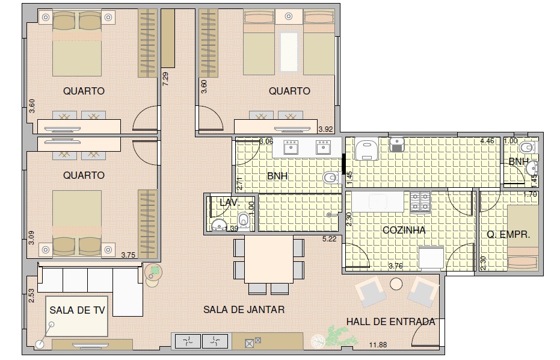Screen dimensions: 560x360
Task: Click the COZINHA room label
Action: click(404, 230)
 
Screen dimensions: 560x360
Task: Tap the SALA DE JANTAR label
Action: click(244, 309)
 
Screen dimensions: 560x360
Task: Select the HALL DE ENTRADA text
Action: click(391, 321)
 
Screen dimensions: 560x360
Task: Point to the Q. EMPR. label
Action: click(508, 235)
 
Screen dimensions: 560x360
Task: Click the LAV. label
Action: click(229, 203)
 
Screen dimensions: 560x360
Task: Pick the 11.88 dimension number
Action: click(378, 345)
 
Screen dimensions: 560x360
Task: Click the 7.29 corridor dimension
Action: click(165, 79)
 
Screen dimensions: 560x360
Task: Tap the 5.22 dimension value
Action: click(329, 239)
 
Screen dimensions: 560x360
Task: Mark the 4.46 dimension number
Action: click(487, 141)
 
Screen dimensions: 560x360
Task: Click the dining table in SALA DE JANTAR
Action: click(269, 259)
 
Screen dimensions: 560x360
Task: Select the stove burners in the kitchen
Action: click(420, 202)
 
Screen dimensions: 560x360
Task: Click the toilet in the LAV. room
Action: click(244, 220)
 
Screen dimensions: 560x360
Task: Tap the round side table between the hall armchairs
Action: click(396, 284)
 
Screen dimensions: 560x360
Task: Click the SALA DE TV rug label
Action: click(77, 310)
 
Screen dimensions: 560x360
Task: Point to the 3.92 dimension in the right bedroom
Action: click(326, 129)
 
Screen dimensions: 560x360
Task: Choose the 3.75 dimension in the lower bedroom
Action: click(128, 255)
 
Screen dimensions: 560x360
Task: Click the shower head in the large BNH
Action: click(330, 215)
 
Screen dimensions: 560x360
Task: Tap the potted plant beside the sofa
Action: click(154, 273)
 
